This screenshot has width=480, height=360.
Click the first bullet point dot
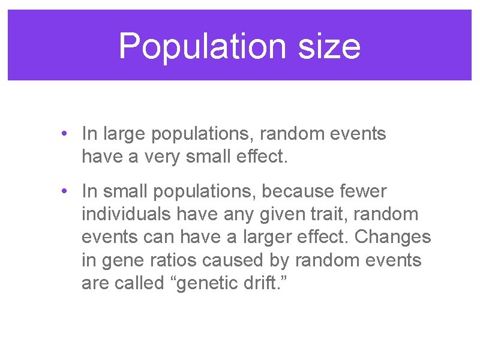point(64,134)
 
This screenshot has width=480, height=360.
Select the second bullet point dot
point(64,191)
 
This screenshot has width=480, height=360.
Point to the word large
point(123,134)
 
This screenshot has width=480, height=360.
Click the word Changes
point(393,238)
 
